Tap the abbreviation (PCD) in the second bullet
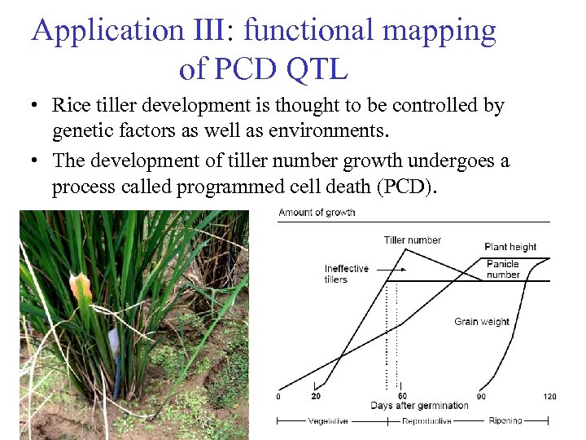(407, 187)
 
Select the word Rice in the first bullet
(71, 105)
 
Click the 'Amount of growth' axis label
(317, 213)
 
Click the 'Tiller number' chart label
(412, 240)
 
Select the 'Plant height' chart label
(510, 247)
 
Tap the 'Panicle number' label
(503, 269)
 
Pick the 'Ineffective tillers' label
(346, 274)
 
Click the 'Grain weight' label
(482, 322)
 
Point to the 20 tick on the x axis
(315, 396)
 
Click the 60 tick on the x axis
(402, 396)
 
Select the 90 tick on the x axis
(482, 396)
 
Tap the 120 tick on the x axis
(550, 396)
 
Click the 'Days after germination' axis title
(419, 406)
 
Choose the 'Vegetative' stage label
(330, 421)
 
